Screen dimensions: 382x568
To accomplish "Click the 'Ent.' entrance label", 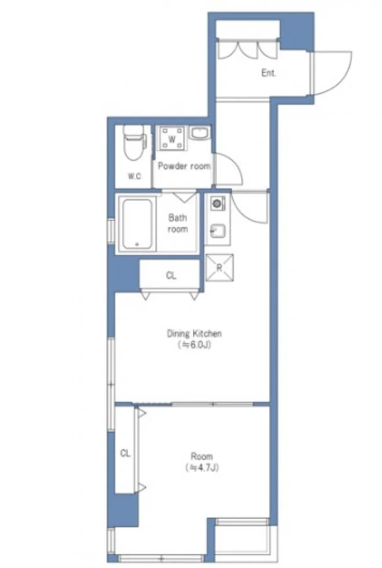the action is coord(268,73).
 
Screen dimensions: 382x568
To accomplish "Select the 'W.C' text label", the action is coord(134,176).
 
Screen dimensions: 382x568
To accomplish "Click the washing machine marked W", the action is coord(172,139).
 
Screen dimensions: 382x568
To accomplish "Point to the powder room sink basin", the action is coord(199,133).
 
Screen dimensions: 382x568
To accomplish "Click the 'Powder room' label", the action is coord(184,166).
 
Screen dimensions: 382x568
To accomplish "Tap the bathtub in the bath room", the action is coord(137,225).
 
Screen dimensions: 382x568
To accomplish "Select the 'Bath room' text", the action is coord(177,223).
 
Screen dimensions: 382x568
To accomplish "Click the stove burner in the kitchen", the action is coord(217,203).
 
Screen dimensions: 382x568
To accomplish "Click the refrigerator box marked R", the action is coord(219,268).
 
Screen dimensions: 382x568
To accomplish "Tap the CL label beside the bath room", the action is coord(171,276).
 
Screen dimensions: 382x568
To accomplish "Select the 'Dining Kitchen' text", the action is coord(194,333).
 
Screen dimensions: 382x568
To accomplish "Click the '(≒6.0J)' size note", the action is coord(194,345).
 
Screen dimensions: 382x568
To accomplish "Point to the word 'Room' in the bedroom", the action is coord(202,457).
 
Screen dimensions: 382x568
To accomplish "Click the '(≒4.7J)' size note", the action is coord(202,468).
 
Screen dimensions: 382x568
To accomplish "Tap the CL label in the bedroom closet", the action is coord(125,453).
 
